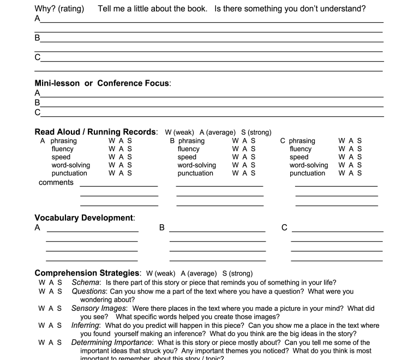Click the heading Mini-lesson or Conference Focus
(103, 83)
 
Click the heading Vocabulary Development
(85, 218)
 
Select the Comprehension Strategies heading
(88, 273)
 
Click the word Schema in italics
(86, 283)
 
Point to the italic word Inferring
(86, 326)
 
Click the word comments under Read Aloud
(56, 183)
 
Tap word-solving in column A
(71, 165)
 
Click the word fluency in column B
(189, 149)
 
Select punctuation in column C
(308, 173)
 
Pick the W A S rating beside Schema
(50, 283)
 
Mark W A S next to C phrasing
(350, 141)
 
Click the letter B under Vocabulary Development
(162, 227)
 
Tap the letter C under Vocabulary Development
(284, 227)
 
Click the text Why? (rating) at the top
(59, 9)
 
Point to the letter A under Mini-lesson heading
(37, 93)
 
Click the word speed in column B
(187, 157)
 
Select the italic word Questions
(89, 291)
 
